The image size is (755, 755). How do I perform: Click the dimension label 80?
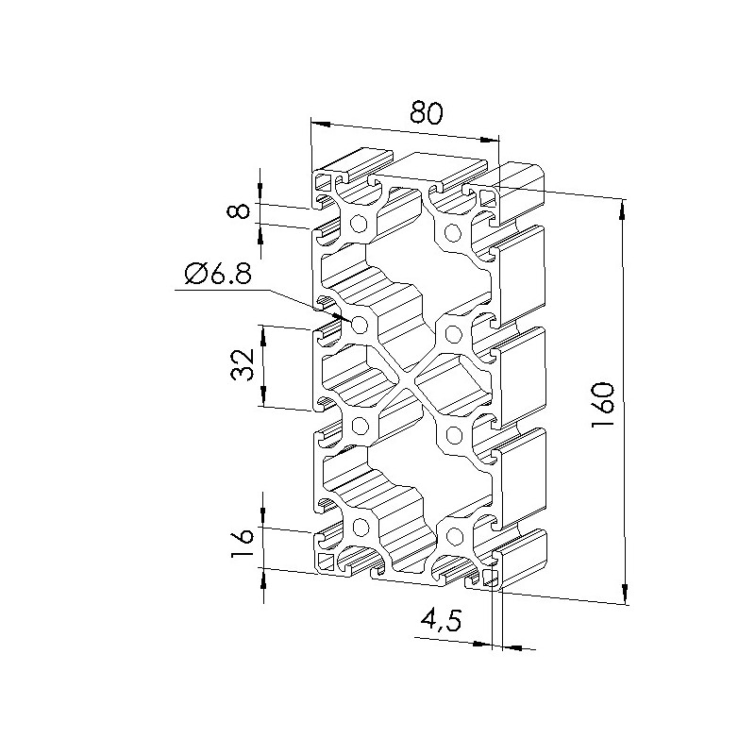[426, 114]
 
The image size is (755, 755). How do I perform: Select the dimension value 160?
[602, 405]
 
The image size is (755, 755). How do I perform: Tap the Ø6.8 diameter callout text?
[218, 276]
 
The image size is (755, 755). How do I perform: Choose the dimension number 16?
[243, 543]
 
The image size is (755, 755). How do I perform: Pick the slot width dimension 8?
[240, 210]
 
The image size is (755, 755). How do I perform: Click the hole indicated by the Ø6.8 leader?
[360, 325]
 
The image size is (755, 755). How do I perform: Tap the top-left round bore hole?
[359, 224]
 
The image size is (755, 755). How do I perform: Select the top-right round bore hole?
[452, 232]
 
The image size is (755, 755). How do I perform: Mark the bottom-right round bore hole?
[453, 535]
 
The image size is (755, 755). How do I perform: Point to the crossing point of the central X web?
[406, 379]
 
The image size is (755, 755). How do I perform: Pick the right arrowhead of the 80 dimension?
[489, 141]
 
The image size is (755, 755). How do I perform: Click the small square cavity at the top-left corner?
[322, 182]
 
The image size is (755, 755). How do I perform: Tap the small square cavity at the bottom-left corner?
[327, 562]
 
